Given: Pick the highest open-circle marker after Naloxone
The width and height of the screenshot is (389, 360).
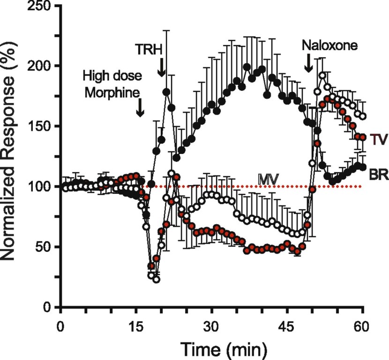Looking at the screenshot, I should tap(322, 75).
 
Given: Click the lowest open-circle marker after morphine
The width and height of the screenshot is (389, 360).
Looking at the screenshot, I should tap(157, 279).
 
